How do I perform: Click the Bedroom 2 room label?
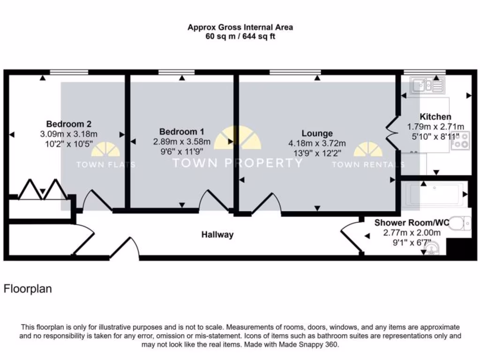[69, 124]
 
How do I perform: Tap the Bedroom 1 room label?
[181, 132]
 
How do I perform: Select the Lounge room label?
[317, 133]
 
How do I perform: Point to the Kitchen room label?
[435, 117]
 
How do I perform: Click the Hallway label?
[217, 234]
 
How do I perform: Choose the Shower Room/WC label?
[412, 223]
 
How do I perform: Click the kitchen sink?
[427, 85]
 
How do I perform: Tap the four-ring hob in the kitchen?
[460, 141]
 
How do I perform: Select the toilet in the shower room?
[461, 223]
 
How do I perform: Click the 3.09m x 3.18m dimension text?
[69, 134]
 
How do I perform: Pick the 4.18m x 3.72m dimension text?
[317, 143]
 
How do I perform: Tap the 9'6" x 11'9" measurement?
[182, 151]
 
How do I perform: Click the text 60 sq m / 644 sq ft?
[240, 37]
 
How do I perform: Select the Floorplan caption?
[28, 289]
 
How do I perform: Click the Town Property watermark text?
[238, 163]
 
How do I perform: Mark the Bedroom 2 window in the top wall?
[69, 72]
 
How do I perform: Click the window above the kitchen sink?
[425, 72]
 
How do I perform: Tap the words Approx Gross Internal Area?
[240, 27]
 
